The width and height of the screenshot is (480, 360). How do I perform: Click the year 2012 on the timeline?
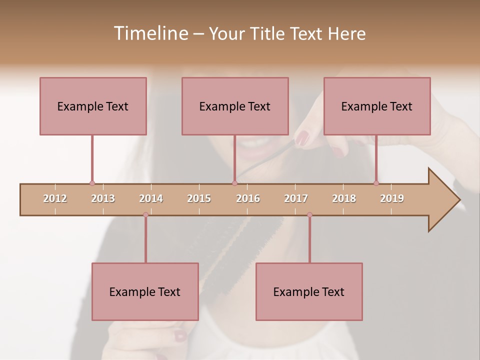[x=55, y=198]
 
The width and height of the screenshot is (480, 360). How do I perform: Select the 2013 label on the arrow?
[x=103, y=198]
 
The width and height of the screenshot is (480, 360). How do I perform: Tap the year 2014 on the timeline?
[x=151, y=198]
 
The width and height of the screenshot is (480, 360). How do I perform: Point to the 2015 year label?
[x=199, y=198]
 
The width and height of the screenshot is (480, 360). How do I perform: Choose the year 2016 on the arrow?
[x=248, y=198]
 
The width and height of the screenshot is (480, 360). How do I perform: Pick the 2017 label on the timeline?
[x=296, y=198]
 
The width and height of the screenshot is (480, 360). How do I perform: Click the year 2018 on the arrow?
[x=344, y=198]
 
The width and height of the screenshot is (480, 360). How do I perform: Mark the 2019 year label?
[x=392, y=198]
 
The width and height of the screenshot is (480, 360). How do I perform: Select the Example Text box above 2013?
[x=93, y=106]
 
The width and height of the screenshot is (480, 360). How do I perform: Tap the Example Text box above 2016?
[x=235, y=106]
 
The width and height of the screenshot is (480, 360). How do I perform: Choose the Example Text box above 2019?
[x=377, y=106]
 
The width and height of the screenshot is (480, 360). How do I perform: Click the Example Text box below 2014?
[x=145, y=291]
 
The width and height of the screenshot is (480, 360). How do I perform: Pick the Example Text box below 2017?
[x=309, y=291]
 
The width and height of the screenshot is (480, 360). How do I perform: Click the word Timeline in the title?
[x=150, y=33]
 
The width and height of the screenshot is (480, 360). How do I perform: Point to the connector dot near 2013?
[x=92, y=183]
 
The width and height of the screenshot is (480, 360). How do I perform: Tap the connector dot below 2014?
[x=145, y=214]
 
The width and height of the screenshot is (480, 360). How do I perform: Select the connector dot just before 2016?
[x=234, y=183]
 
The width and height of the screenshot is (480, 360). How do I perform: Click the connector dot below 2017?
[x=309, y=214]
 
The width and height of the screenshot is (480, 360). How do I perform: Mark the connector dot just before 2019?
[x=376, y=183]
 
